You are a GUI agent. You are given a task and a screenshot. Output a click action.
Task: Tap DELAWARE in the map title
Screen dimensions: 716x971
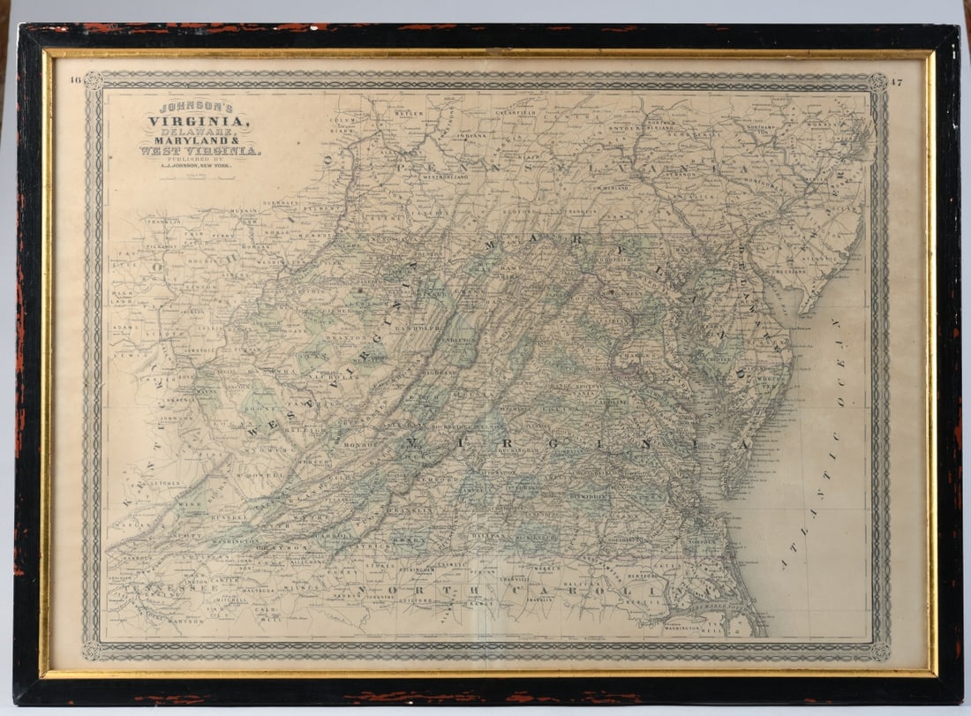pyautogui.click(x=199, y=131)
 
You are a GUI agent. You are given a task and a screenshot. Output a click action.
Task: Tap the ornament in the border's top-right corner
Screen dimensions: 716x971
pyautogui.click(x=877, y=83)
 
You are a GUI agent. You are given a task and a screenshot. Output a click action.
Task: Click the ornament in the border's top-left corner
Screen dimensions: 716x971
pyautogui.click(x=94, y=82)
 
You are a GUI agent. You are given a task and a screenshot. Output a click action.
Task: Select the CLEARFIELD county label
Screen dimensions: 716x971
pyautogui.click(x=515, y=114)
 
